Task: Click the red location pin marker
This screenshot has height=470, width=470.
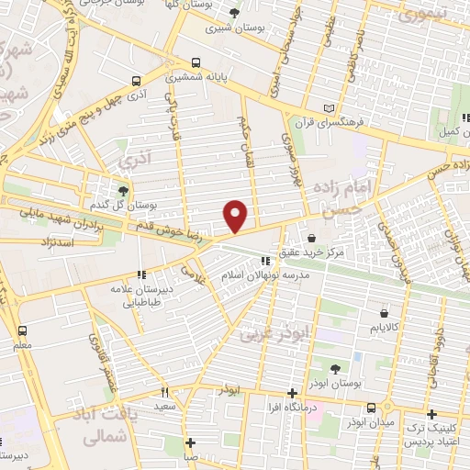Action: point(237,216)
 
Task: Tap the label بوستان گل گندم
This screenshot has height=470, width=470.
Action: point(135,203)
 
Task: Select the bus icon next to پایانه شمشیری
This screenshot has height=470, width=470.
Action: point(195,64)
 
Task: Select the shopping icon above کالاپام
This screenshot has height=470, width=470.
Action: point(398,310)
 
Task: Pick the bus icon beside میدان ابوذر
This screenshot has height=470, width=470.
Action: point(371,408)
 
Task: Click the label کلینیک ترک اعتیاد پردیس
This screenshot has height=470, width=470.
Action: point(430,427)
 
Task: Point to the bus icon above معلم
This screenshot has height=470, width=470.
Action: point(22,330)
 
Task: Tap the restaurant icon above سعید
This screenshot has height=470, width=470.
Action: point(165,392)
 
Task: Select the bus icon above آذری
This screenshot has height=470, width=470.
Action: point(136,81)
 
